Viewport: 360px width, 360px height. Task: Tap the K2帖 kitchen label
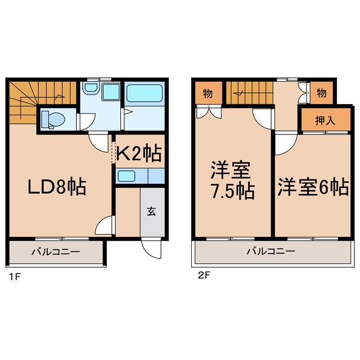(x=140, y=154)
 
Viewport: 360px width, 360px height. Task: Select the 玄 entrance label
(x=152, y=211)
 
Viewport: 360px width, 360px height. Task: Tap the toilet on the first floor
(x=53, y=119)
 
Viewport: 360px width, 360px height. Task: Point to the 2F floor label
(x=203, y=276)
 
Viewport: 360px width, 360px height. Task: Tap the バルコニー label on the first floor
(x=56, y=251)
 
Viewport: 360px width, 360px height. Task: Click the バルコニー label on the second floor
(x=270, y=251)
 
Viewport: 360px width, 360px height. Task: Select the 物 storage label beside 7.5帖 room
(x=208, y=93)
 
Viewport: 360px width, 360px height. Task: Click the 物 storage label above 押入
(x=321, y=93)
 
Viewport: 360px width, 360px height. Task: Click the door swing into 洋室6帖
(x=283, y=145)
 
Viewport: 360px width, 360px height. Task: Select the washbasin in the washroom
(x=92, y=90)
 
